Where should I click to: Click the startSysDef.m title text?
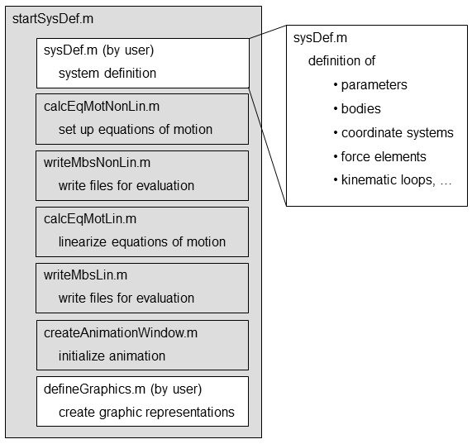(53, 19)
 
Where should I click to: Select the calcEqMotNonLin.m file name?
(102, 107)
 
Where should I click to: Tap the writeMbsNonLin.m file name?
(97, 163)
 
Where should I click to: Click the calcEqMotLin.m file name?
(90, 219)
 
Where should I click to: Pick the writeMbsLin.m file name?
(85, 275)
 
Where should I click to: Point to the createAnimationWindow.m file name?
(121, 333)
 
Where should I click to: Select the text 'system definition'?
(107, 74)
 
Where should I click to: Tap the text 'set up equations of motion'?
(136, 130)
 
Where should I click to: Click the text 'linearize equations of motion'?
(142, 242)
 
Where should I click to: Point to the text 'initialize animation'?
(112, 356)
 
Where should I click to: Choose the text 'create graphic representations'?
(146, 413)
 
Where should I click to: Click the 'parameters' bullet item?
(370, 85)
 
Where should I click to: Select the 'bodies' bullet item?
(357, 109)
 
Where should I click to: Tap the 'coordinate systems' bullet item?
(393, 133)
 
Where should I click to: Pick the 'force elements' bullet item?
(380, 157)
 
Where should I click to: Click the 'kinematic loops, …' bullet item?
(393, 180)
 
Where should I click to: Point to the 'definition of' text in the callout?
(341, 61)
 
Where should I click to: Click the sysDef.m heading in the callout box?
(320, 38)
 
